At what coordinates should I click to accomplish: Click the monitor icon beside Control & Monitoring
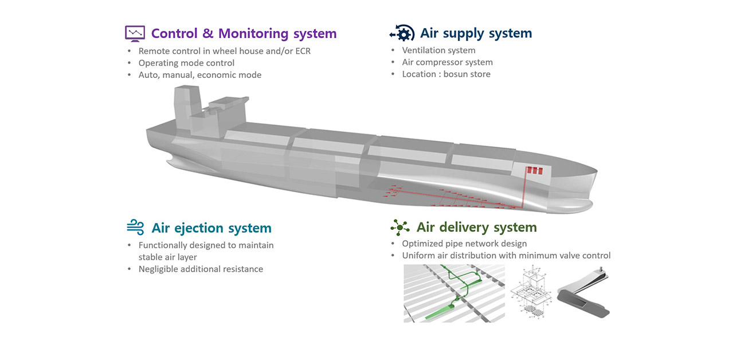pos(135,33)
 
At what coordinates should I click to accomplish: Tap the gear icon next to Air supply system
pos(402,33)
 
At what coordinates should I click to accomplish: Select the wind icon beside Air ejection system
pos(135,228)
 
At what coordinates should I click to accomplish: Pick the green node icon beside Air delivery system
pos(399,228)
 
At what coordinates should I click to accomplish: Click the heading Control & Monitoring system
pos(244,33)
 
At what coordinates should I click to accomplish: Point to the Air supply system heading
pos(476,33)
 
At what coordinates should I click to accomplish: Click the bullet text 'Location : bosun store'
pos(446,74)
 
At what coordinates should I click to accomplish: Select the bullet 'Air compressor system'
pos(447,62)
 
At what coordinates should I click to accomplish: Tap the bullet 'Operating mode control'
pos(186,62)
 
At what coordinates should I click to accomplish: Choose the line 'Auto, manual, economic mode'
pos(199,75)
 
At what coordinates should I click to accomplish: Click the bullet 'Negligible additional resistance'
pos(201,269)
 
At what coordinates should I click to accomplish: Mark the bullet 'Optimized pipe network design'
pos(464,244)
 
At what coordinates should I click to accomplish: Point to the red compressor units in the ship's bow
pos(534,171)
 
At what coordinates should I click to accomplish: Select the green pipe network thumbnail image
pos(454,293)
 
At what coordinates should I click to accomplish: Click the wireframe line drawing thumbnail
pos(534,292)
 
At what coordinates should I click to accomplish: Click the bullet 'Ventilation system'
pos(438,50)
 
